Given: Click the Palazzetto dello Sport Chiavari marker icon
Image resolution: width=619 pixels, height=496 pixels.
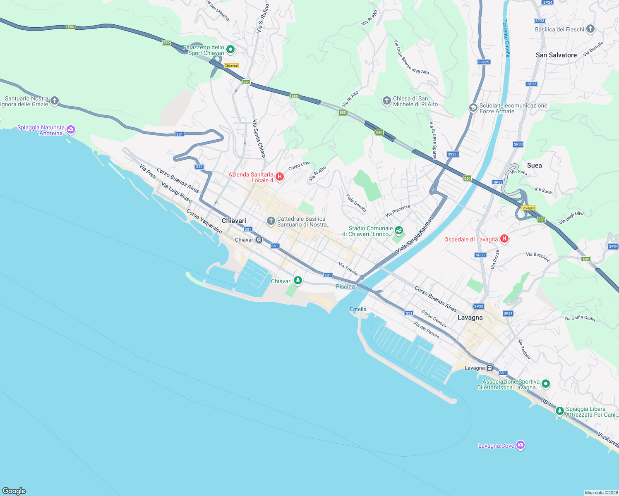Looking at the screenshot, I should tap(230, 50).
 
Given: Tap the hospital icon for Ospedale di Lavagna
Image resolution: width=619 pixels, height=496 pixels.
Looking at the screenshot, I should tap(504, 239).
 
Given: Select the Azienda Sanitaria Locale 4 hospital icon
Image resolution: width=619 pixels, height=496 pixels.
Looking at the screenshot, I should tap(280, 177).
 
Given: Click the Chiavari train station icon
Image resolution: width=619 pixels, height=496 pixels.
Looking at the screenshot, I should tap(259, 240).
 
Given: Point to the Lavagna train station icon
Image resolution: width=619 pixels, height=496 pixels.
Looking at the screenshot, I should tap(490, 368).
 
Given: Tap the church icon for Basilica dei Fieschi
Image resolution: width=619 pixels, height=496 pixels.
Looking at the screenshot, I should tap(590, 29).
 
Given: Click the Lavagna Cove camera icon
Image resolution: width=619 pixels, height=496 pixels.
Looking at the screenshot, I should tap(521, 445).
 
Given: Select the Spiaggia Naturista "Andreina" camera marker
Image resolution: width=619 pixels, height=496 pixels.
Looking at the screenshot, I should tap(71, 130).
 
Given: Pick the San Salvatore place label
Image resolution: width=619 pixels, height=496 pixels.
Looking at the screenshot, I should tap(556, 55).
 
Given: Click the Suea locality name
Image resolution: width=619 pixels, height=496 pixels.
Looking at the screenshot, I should tap(534, 165).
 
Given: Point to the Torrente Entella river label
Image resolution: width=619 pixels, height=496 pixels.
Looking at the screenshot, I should tap(506, 38).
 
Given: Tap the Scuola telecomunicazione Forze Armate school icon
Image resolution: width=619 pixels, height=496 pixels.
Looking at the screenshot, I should tap(473, 108).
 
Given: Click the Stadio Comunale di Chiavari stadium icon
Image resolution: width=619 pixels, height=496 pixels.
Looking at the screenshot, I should tap(398, 230).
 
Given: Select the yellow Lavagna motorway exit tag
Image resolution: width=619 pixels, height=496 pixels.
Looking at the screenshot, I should tap(528, 208).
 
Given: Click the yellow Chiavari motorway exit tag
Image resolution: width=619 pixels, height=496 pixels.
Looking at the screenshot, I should tap(231, 66).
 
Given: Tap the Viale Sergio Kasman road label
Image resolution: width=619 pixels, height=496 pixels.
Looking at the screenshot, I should tap(414, 235).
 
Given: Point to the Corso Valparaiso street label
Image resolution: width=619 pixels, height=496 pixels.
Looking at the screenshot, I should tap(204, 221).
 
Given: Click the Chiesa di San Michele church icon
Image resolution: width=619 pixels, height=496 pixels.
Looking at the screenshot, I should tap(386, 101).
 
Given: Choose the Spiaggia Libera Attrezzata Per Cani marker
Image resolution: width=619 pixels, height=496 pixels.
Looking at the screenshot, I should tap(559, 411).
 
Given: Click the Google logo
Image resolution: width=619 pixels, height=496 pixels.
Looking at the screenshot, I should tap(14, 491).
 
